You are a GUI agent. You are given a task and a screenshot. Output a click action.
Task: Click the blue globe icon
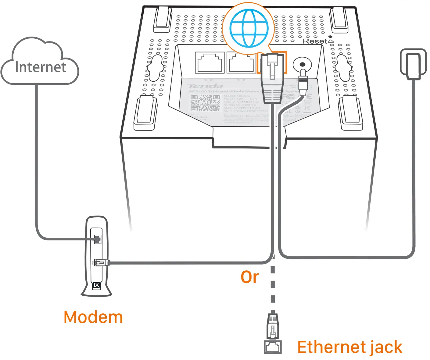[x=249, y=28]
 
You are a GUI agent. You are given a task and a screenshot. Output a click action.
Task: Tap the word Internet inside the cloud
[x=41, y=67]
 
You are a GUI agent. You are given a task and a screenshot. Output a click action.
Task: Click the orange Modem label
[x=93, y=317]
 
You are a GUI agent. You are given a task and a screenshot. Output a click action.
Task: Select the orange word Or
[x=249, y=277]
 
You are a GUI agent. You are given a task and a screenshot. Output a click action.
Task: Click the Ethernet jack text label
[x=350, y=348]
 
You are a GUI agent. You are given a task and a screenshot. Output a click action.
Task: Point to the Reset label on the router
[x=315, y=41]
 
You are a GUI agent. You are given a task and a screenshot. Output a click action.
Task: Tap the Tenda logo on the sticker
[x=205, y=86]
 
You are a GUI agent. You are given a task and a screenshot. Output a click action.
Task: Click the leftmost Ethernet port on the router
[x=210, y=63]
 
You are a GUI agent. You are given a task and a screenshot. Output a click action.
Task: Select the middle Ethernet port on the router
[x=241, y=63]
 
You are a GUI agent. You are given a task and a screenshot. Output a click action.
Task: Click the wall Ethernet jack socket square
[x=273, y=347]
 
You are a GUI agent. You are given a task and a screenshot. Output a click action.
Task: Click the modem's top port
[x=97, y=239]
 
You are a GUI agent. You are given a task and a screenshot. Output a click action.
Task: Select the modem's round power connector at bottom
[x=97, y=285]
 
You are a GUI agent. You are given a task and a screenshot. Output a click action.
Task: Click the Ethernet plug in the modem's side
[x=101, y=262]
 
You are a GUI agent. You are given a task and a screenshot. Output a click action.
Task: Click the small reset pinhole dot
[x=330, y=37]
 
